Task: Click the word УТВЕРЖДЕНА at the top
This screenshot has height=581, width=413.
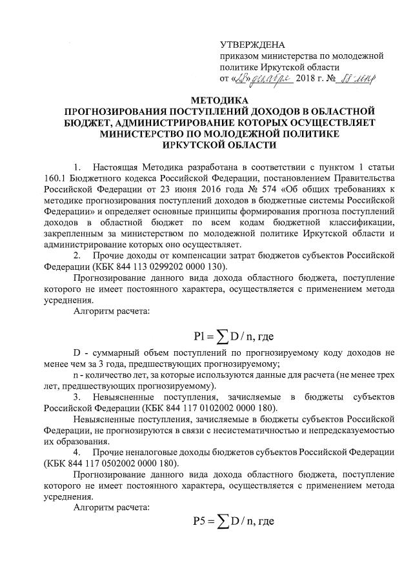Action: (252, 45)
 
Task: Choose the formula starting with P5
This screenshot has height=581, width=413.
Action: (233, 521)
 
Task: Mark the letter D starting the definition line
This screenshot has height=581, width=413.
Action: (76, 352)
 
